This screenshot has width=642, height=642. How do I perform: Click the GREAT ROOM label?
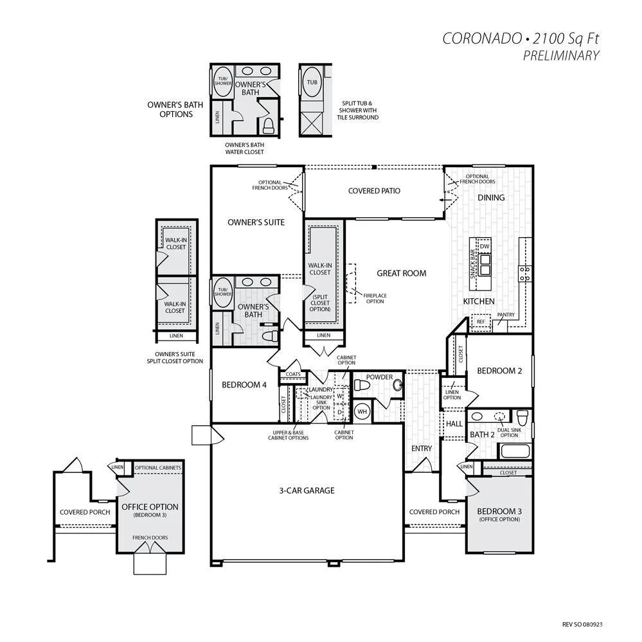pyautogui.click(x=401, y=273)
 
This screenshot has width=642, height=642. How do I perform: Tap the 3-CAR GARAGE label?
pyautogui.click(x=307, y=490)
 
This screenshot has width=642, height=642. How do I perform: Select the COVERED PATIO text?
pyautogui.click(x=374, y=191)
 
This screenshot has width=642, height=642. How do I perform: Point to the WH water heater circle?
pyautogui.click(x=362, y=411)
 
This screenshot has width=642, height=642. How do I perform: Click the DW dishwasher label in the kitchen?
pyautogui.click(x=485, y=247)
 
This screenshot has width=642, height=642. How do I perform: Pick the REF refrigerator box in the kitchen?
pyautogui.click(x=481, y=321)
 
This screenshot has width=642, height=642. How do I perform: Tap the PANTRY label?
pyautogui.click(x=506, y=314)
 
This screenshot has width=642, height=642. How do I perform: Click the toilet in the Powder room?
pyautogui.click(x=362, y=386)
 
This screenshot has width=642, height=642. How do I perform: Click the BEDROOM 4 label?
pyautogui.click(x=244, y=385)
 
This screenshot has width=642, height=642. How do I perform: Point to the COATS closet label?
pyautogui.click(x=293, y=374)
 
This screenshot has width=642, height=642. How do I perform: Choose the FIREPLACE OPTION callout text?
pyautogui.click(x=375, y=298)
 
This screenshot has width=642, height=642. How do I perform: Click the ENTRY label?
pyautogui.click(x=422, y=449)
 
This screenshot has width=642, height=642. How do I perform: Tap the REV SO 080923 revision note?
pyautogui.click(x=582, y=625)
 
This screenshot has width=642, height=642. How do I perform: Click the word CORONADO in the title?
pyautogui.click(x=482, y=39)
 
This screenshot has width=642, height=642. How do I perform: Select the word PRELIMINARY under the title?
pyautogui.click(x=561, y=55)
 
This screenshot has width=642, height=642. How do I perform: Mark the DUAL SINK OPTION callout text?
pyautogui.click(x=510, y=432)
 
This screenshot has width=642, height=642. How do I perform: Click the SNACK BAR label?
pyautogui.click(x=472, y=263)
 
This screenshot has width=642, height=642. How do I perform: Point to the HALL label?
pyautogui.click(x=454, y=424)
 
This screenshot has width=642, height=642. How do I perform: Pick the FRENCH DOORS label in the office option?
pyautogui.click(x=150, y=538)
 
